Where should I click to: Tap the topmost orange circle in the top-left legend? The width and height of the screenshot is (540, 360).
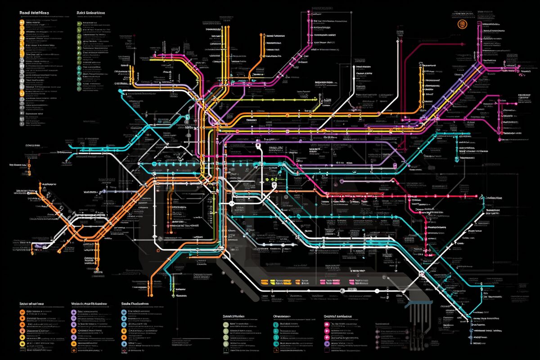(x=22, y=22)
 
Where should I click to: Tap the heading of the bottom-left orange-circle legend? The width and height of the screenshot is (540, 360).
(x=31, y=305)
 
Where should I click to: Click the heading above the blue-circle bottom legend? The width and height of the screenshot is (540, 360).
(x=135, y=305)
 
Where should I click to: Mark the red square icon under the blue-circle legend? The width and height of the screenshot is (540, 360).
(x=125, y=350)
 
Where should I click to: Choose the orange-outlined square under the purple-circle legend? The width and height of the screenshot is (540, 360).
(x=73, y=350)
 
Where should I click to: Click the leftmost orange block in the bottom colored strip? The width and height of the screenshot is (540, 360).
(x=265, y=282)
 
